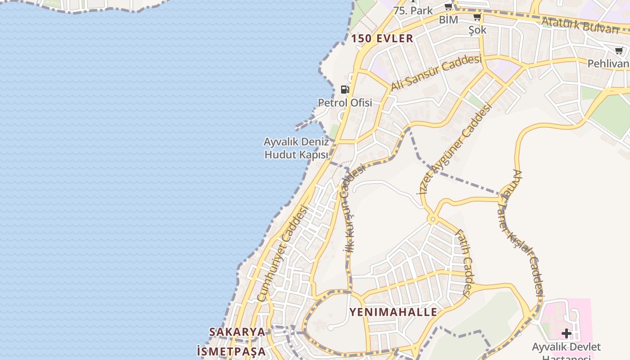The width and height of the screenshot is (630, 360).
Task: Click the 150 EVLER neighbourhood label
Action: coord(382,38)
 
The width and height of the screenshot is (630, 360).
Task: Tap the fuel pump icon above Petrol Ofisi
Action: coord(345,89)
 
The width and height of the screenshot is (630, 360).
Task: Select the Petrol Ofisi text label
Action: coord(345,103)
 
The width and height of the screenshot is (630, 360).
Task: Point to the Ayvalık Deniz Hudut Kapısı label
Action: coord(296,148)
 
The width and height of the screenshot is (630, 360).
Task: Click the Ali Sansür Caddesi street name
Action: coord(436,72)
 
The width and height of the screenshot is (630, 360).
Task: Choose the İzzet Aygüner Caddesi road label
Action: coord(455,149)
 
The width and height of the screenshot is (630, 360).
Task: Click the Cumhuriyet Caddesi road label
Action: coord(282,253)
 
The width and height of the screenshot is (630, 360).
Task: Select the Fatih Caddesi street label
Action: coord(464,263)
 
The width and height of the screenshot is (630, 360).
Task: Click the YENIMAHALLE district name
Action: coord(393,312)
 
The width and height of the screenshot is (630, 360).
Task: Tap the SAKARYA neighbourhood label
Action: coord(237,332)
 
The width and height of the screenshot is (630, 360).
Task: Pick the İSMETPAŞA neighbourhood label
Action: coord(231,351)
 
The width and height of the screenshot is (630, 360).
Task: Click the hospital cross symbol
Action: coord(566,333)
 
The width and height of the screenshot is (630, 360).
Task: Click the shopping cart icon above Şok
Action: coord(477,18)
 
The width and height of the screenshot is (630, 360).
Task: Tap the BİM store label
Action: coord(448,20)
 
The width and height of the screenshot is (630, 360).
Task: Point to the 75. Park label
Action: coord(413,10)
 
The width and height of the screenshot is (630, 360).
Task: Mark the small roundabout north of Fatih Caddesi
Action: coord(433,220)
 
